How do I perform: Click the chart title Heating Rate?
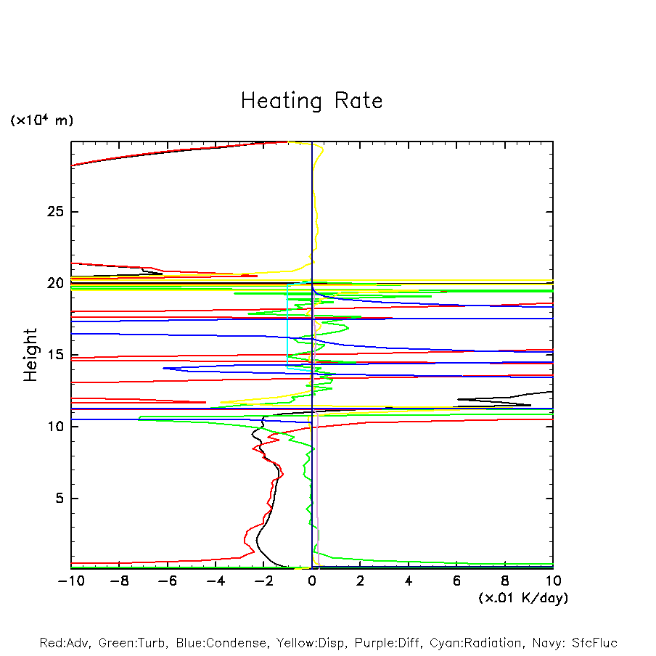(311, 101)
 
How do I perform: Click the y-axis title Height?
(30, 355)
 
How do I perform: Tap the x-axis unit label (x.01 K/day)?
(523, 598)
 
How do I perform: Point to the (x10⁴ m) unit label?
(41, 120)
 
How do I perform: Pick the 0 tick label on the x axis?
(312, 581)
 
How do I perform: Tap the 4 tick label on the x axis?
(409, 581)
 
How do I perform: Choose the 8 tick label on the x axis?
(505, 581)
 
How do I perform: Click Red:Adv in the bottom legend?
(63, 643)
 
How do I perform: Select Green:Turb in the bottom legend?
(131, 643)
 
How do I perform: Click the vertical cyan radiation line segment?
(288, 327)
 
